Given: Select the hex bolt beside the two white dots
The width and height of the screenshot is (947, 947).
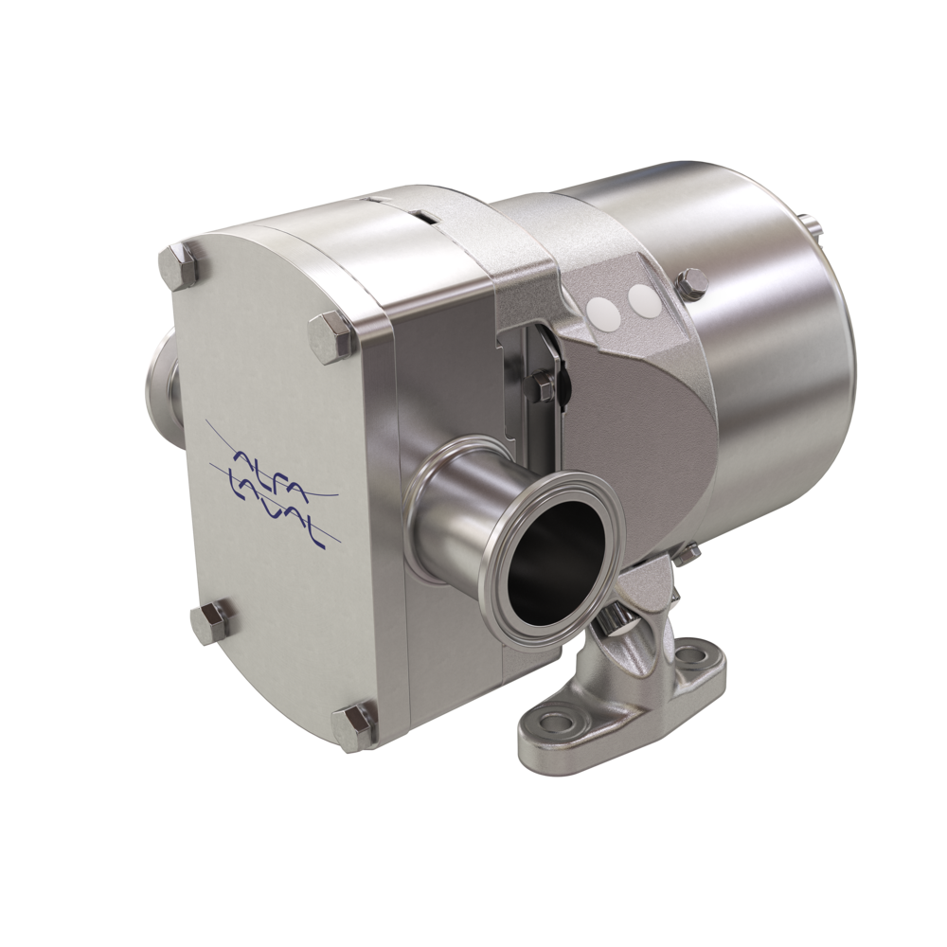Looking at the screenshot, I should pyautogui.click(x=688, y=284).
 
